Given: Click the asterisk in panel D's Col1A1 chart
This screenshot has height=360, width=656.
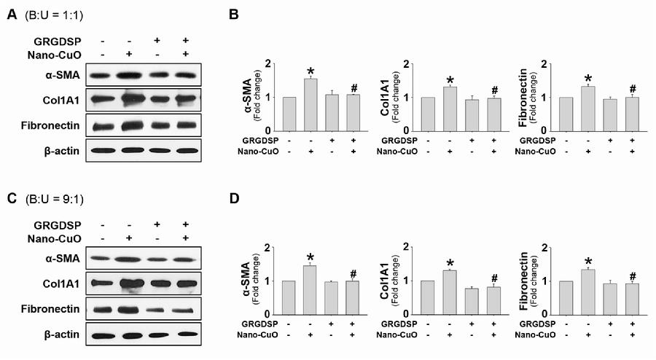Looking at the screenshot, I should tap(450, 263).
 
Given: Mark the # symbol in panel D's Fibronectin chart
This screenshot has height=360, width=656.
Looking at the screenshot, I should tap(631, 276).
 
